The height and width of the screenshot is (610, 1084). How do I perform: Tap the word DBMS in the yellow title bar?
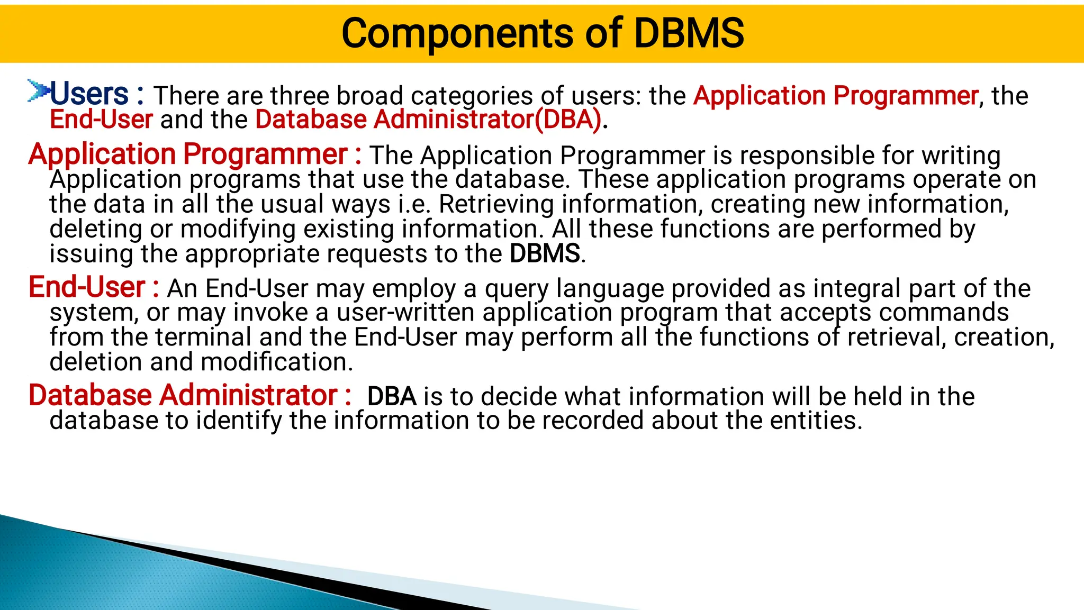(689, 33)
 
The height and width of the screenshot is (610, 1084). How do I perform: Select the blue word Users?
(89, 94)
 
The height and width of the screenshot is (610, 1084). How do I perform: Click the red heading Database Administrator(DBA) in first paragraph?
(428, 120)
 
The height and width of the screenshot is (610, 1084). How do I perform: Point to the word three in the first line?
(301, 96)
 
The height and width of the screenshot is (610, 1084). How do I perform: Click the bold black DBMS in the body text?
(545, 253)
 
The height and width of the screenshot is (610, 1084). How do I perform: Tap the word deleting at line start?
(96, 229)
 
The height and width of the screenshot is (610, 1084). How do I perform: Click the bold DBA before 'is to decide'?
(392, 396)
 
